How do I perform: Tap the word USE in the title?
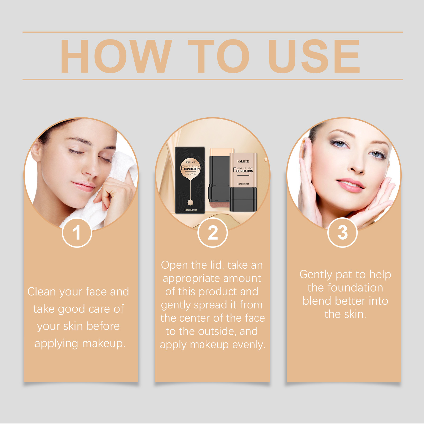pos(314,56)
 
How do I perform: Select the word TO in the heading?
pos(219,56)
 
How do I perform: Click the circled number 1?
pos(77,233)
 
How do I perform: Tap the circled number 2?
pos(213,233)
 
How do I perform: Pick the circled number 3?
pos(342,233)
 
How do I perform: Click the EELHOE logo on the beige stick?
pos(243,161)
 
